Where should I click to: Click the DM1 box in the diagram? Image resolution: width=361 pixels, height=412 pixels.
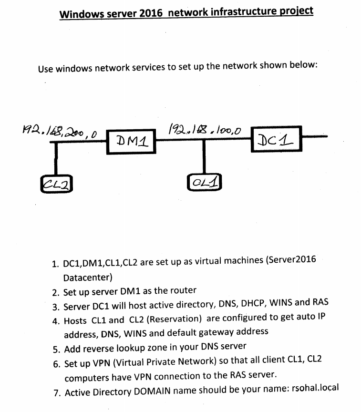tap(131, 141)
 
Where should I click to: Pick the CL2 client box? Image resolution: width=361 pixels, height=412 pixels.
tap(56, 183)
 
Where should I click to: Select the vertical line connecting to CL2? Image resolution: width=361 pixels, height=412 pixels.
tap(56, 159)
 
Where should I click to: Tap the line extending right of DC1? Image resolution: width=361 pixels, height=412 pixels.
tap(315, 137)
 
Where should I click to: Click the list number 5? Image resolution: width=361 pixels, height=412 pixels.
tap(56, 347)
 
